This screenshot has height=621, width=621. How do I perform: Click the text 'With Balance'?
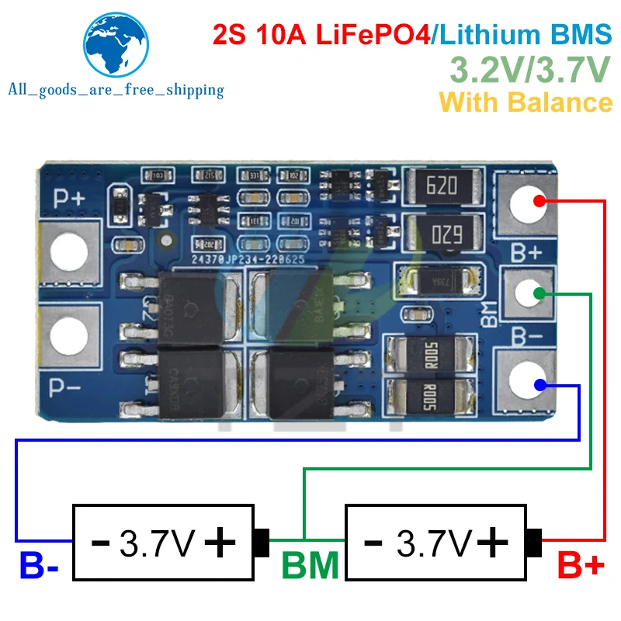pos(526,102)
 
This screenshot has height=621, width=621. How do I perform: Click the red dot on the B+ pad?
pos(538,203)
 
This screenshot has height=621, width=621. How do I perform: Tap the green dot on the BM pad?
pos(538,293)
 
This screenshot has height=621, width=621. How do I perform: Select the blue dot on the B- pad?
pos(538,384)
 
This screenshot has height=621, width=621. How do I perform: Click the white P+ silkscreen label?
pos(68,196)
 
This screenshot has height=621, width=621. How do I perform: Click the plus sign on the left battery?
pos(220,541)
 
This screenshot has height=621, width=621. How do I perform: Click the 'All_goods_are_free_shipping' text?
pos(116,90)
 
